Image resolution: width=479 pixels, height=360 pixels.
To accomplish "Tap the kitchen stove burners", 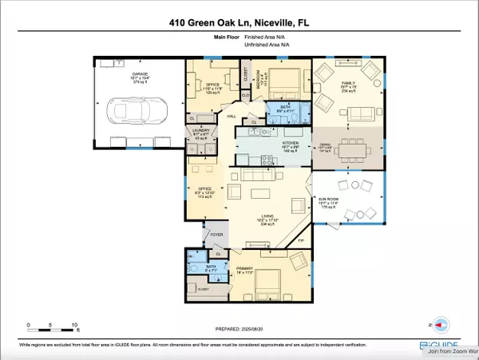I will (258, 132).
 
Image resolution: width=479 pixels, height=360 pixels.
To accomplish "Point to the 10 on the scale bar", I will (74, 325).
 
